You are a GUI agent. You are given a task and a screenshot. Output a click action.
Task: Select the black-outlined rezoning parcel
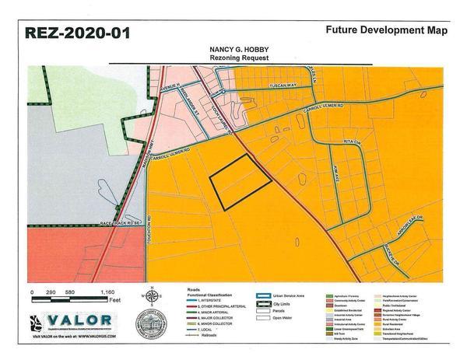241,180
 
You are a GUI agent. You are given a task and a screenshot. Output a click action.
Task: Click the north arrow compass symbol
153,296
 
